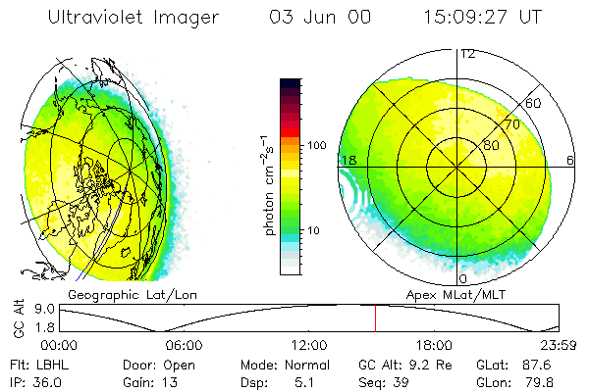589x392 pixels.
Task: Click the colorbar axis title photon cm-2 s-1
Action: point(269,187)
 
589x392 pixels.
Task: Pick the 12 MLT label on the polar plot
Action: point(467,53)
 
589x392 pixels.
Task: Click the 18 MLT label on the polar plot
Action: point(347,159)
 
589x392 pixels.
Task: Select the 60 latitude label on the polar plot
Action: point(534,102)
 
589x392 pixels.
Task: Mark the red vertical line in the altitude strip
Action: point(375,318)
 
